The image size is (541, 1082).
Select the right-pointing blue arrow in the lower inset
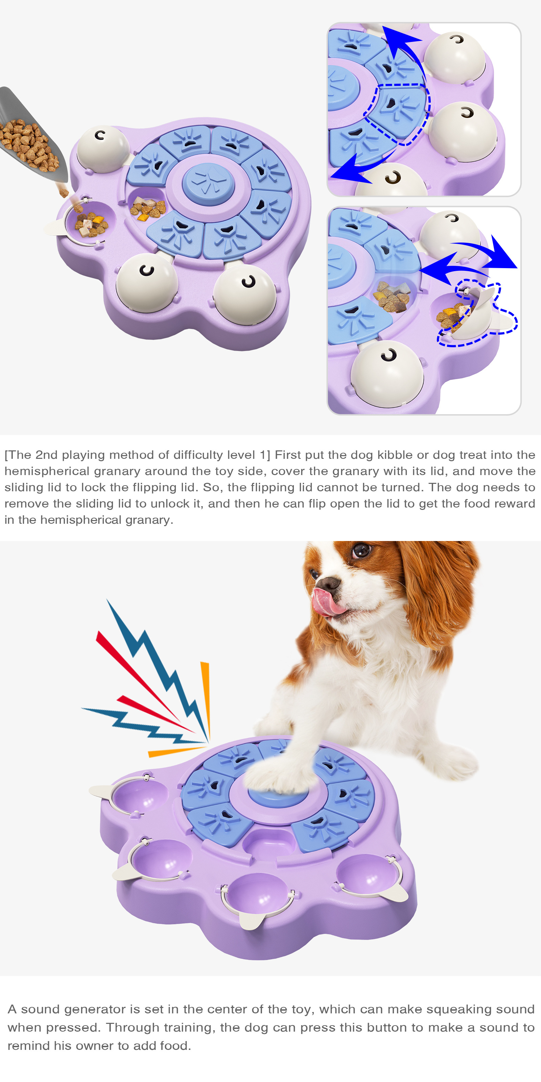[x=487, y=252]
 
